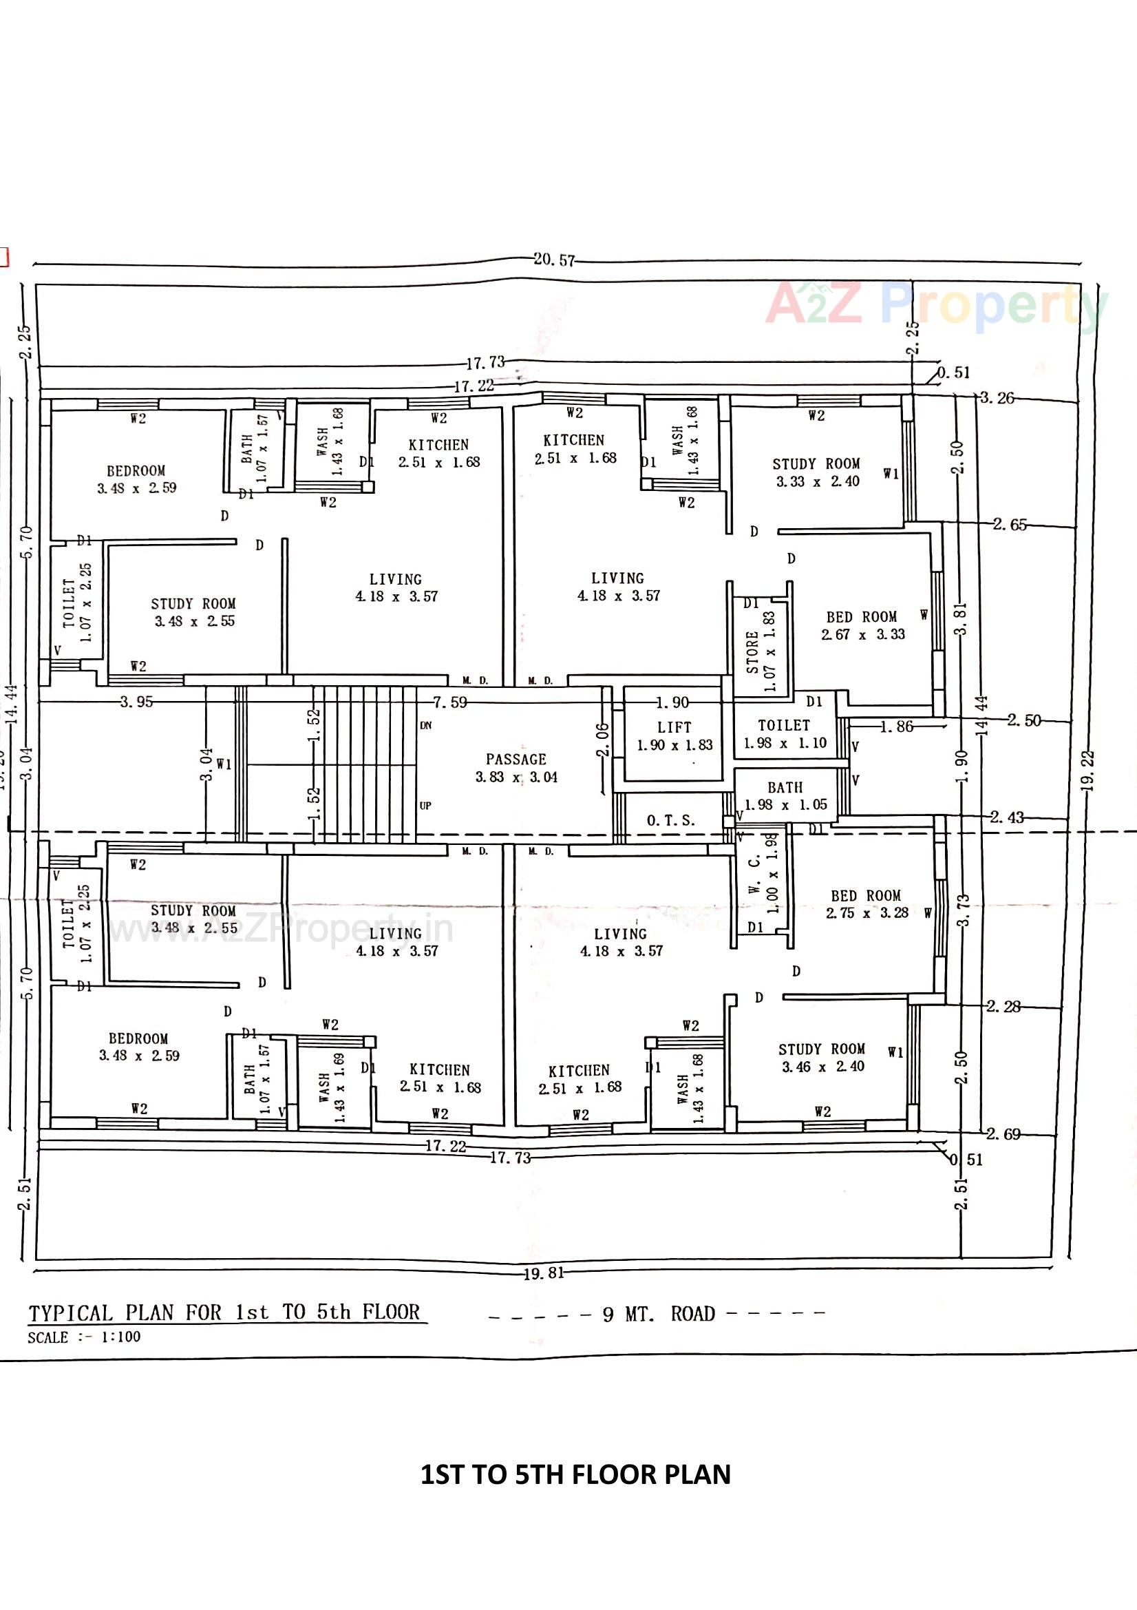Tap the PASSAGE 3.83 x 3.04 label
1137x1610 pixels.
tap(517, 768)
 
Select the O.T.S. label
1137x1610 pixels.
tap(671, 820)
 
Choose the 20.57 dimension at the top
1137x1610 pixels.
tap(554, 260)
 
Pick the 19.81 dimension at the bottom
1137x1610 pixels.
tap(543, 1273)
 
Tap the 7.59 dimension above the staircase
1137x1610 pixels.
tap(449, 702)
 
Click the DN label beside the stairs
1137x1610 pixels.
tap(425, 725)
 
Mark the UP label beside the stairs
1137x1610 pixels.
tap(425, 806)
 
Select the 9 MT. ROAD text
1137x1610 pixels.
tap(658, 1314)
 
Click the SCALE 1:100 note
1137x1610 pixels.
tap(84, 1337)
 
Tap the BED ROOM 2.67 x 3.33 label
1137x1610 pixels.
tap(862, 625)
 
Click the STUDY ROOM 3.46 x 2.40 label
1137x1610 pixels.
tap(822, 1058)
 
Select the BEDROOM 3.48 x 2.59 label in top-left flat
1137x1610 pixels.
tap(136, 479)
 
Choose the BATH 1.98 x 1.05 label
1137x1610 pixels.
tap(785, 796)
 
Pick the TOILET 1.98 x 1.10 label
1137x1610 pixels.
tap(785, 733)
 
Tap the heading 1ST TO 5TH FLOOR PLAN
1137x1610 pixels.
tap(575, 1474)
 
